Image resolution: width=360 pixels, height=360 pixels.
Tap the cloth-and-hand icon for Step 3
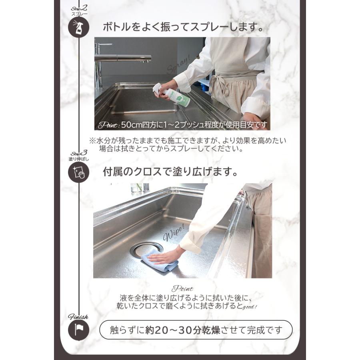point(78,173)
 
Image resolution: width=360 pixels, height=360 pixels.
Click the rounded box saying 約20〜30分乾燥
point(196,330)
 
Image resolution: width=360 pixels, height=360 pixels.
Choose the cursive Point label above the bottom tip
point(182,289)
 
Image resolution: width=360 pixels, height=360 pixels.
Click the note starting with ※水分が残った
point(188,144)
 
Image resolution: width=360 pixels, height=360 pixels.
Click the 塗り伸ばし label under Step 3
point(78,159)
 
